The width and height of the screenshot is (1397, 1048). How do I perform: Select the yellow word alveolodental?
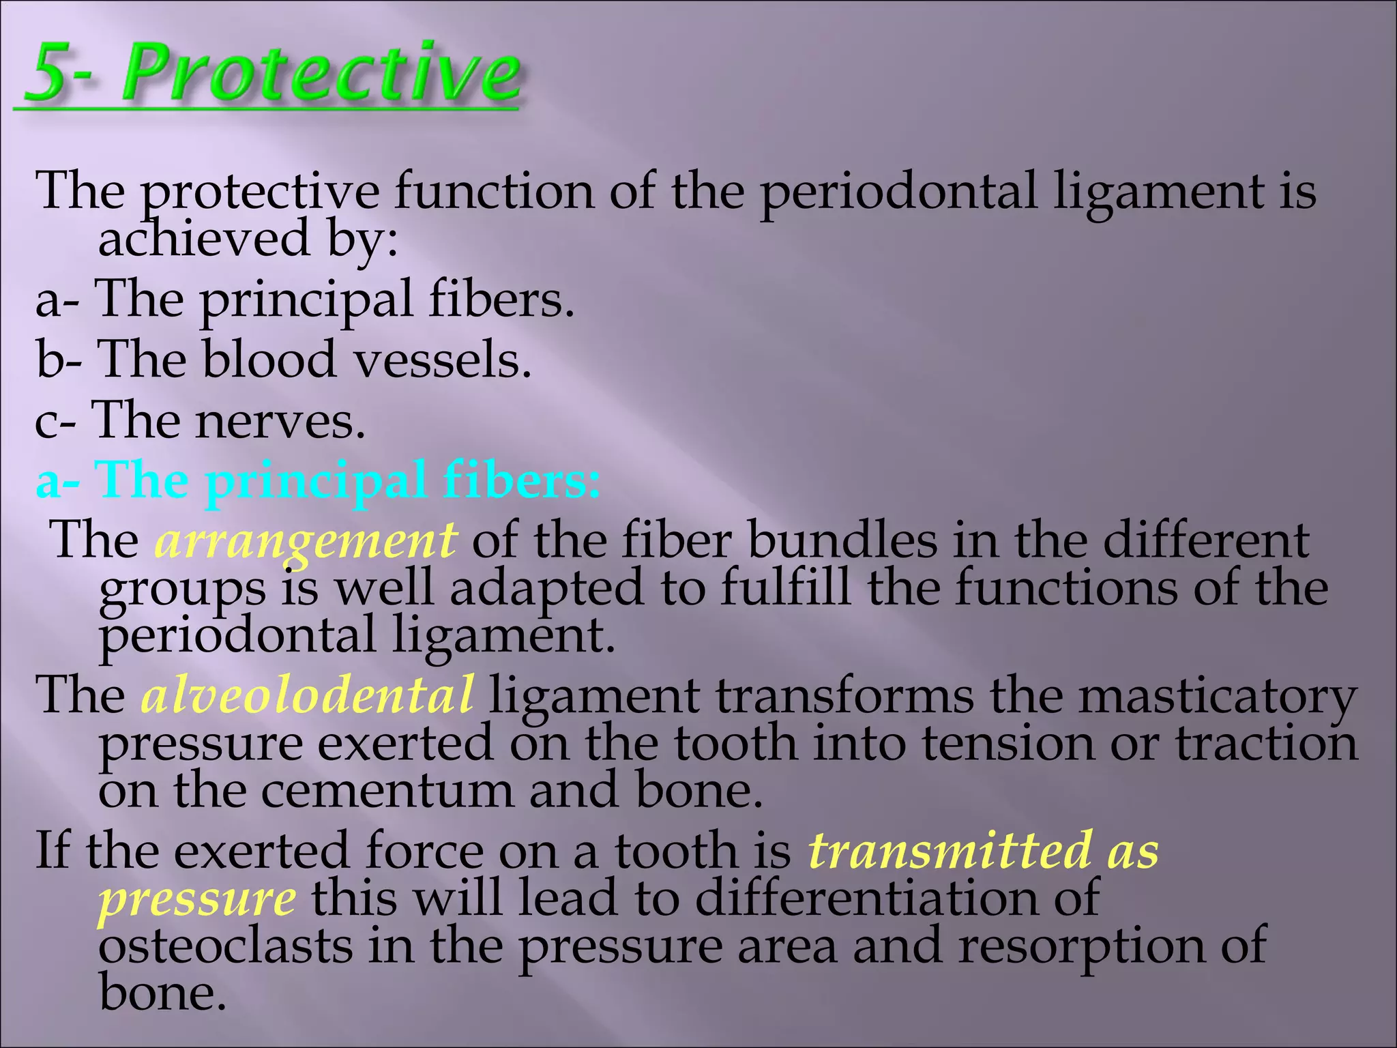point(307,695)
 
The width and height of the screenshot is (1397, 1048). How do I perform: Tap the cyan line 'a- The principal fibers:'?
point(318,480)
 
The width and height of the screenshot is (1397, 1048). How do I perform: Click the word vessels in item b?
point(443,360)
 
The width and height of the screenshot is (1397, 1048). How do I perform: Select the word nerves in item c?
point(280,421)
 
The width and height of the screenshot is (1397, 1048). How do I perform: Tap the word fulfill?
point(785,587)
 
